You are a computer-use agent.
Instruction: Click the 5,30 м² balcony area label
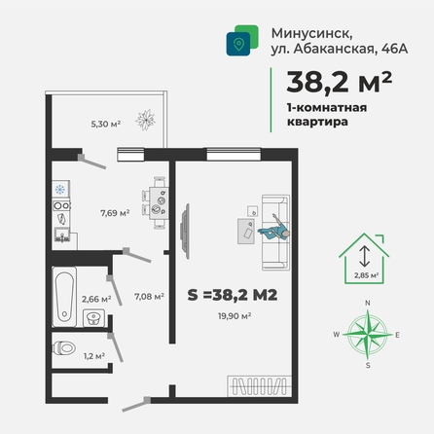[106, 124]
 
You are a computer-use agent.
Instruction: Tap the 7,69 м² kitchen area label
[115, 213]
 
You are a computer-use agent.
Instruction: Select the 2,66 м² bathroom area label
[96, 299]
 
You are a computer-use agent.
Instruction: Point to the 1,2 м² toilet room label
[94, 356]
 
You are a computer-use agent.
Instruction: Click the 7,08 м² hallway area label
[149, 296]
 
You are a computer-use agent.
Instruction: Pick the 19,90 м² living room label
[235, 316]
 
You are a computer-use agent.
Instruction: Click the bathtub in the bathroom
[64, 297]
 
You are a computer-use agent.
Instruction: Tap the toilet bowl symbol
[64, 348]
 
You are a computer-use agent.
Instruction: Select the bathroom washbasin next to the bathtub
[93, 318]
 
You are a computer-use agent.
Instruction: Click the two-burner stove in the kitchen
[61, 205]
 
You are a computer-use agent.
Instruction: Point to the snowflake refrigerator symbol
[60, 189]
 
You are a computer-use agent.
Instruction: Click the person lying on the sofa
[274, 229]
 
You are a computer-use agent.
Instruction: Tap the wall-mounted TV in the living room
[185, 231]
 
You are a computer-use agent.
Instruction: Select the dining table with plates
[159, 203]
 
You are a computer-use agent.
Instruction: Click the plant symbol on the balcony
[145, 120]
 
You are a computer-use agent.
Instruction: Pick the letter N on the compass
[368, 303]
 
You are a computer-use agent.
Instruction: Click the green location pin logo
[242, 41]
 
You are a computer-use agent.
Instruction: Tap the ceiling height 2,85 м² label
[367, 275]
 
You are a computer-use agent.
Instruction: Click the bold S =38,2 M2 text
[233, 295]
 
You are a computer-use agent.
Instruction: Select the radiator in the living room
[259, 386]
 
